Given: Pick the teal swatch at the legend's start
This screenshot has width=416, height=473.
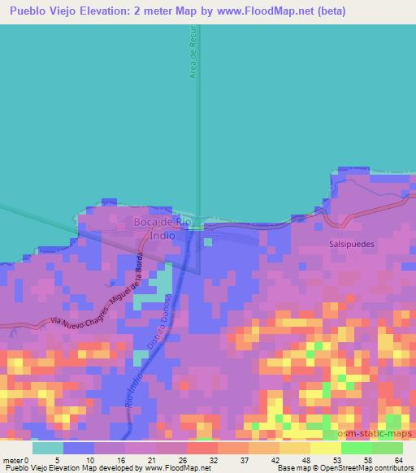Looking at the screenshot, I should coord(48,448).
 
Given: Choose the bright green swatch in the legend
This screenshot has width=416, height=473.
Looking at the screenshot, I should coord(356,448).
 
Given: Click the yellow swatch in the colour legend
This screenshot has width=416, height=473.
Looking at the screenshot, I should coord(324,448).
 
